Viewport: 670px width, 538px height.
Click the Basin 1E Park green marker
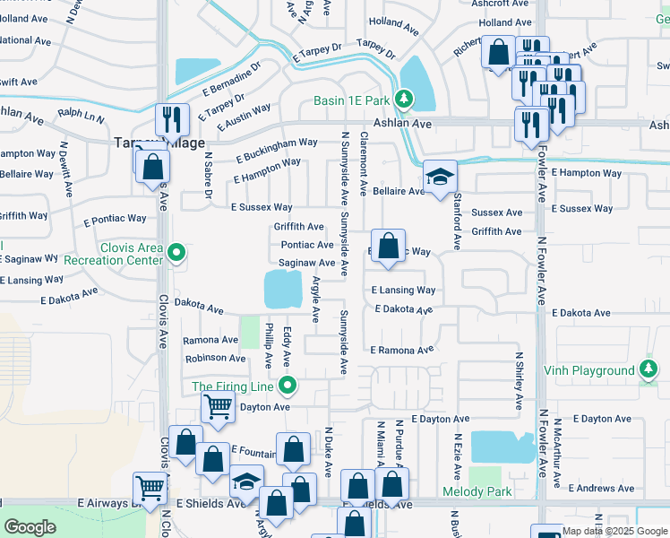(x=404, y=99)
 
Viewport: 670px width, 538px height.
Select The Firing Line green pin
(x=288, y=386)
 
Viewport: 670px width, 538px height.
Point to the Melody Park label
(x=477, y=491)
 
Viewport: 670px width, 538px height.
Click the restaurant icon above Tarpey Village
(x=170, y=119)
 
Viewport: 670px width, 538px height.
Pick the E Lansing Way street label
(x=403, y=291)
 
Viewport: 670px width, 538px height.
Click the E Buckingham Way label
(x=277, y=150)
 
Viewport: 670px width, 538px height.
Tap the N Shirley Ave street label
(x=519, y=380)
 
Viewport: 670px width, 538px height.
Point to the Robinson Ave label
(x=215, y=358)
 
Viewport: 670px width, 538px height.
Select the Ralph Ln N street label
(x=81, y=116)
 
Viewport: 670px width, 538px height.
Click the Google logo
(x=30, y=527)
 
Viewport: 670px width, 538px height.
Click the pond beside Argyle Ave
(x=284, y=289)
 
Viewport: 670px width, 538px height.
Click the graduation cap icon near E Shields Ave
(x=246, y=482)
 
